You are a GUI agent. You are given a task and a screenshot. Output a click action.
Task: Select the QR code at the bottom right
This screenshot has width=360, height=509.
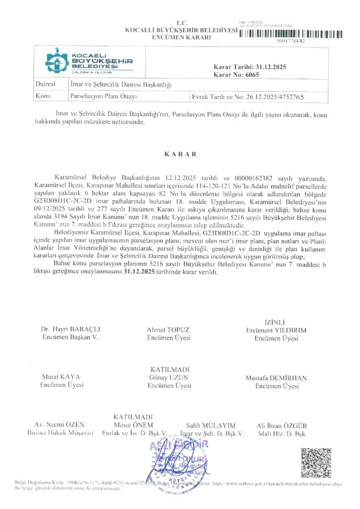pos(315,463)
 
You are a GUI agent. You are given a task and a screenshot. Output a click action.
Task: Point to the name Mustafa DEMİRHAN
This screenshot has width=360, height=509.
pos(276,377)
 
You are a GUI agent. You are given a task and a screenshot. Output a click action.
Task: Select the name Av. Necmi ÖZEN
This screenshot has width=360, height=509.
pos(59,425)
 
